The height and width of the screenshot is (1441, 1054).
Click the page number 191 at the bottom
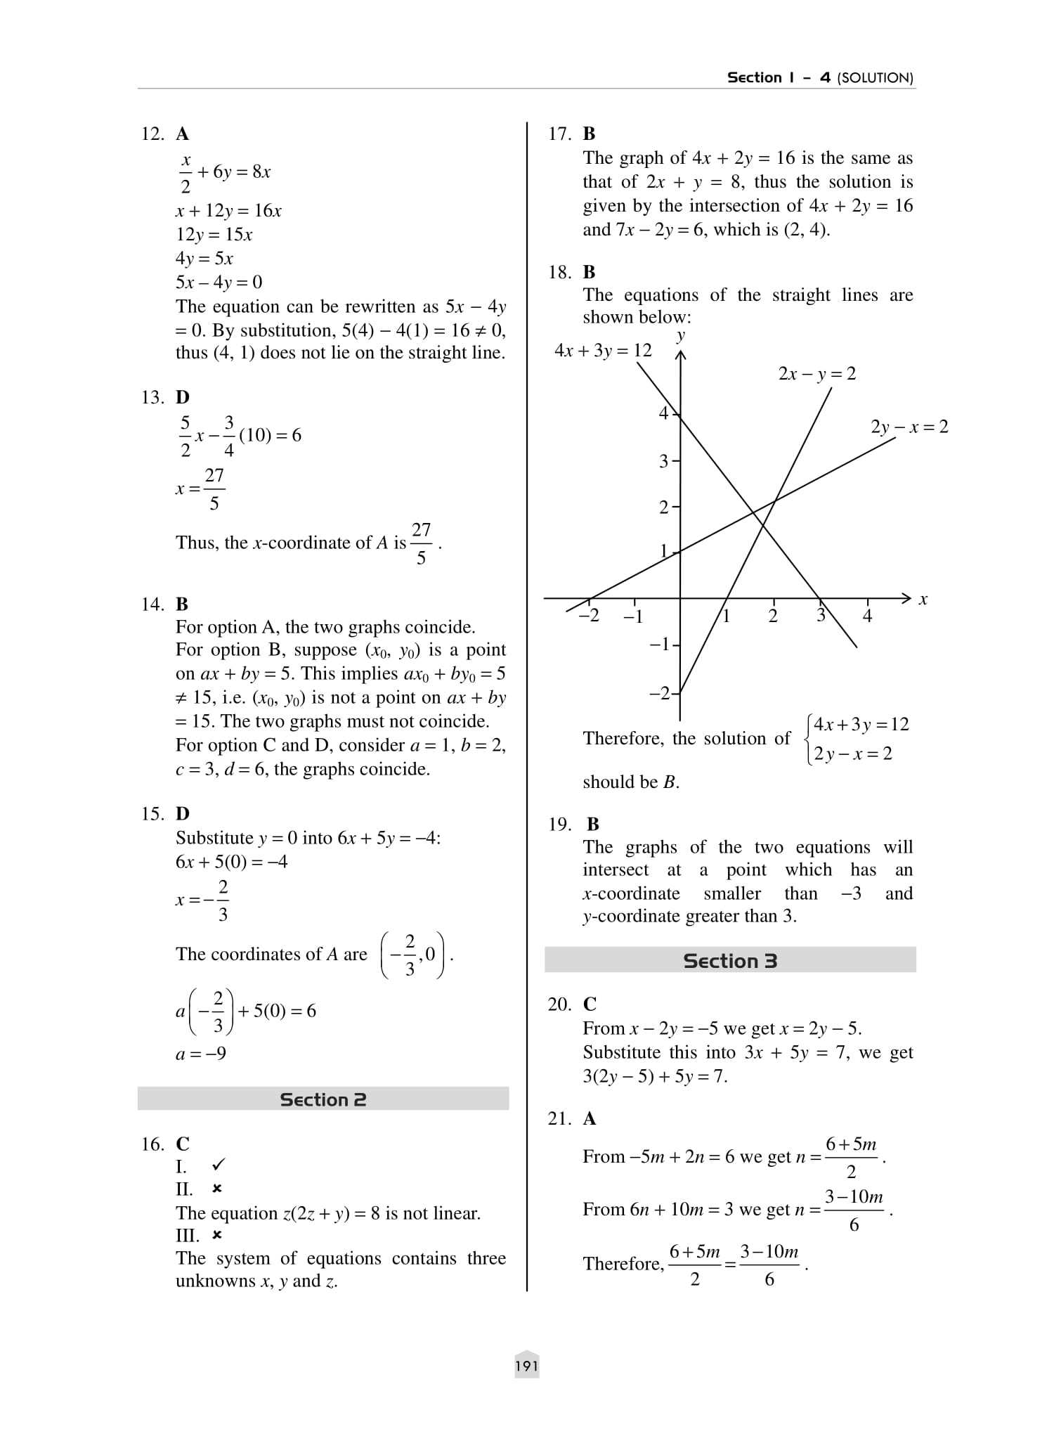[x=526, y=1366]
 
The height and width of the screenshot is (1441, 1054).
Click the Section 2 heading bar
[x=323, y=1099]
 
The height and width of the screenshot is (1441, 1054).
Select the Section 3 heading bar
[x=730, y=961]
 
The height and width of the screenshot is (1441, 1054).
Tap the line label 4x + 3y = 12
[x=603, y=350]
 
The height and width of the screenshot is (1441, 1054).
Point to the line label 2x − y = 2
[x=816, y=373]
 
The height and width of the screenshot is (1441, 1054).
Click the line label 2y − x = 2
[x=909, y=427]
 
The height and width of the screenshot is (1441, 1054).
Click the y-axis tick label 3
[x=663, y=461]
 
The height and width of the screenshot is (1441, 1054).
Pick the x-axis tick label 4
[x=867, y=616]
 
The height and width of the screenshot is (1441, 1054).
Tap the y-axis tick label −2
[x=660, y=694]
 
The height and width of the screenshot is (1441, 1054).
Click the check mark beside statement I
[x=219, y=1165]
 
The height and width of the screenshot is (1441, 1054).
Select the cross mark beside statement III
[x=217, y=1235]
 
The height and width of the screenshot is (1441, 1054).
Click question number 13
[x=152, y=397]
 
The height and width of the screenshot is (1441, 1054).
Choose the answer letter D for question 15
[x=183, y=813]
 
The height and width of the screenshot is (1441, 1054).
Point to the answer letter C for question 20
[x=590, y=1004]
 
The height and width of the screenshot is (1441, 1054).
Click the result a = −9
[x=201, y=1053]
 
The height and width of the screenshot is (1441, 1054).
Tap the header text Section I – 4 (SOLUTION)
[x=819, y=77]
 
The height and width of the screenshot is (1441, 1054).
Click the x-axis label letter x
[x=923, y=600]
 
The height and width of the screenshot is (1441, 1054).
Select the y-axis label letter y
[x=680, y=335]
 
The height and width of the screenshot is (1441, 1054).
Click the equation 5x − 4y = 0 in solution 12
[x=219, y=282]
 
